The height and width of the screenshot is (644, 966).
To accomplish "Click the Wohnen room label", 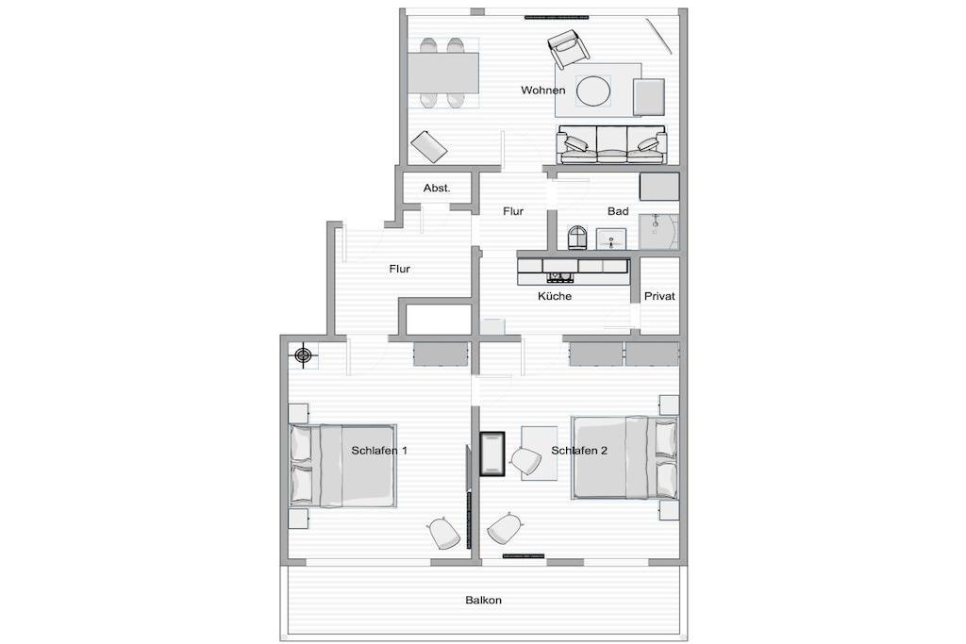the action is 542,90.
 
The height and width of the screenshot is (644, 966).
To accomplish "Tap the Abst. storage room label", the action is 437,188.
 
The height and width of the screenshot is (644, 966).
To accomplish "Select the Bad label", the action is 618,211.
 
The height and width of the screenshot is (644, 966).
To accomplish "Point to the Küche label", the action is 555,296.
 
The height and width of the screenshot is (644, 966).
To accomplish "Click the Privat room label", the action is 659,296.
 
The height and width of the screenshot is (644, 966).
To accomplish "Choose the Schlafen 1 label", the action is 379,451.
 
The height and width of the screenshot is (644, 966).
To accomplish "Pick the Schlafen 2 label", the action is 579,451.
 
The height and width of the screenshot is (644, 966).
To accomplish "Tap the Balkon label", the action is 483,600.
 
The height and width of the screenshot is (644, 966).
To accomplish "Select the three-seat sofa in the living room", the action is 611,145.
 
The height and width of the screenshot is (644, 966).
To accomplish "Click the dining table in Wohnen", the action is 443,72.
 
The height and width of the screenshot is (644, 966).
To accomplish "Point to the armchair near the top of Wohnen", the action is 567,49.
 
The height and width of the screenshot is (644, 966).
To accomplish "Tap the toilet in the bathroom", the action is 577,238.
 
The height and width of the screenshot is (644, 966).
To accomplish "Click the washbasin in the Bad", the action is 611,239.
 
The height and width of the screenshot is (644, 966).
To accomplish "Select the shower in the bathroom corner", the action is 658,232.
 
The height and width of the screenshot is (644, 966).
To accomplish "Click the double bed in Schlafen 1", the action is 341,466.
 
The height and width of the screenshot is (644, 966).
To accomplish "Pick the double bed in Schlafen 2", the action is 625,457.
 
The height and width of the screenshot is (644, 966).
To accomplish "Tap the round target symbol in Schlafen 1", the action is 303,355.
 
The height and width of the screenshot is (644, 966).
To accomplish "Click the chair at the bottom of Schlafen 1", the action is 443,533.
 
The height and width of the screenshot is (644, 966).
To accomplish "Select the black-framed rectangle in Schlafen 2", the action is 492,454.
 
